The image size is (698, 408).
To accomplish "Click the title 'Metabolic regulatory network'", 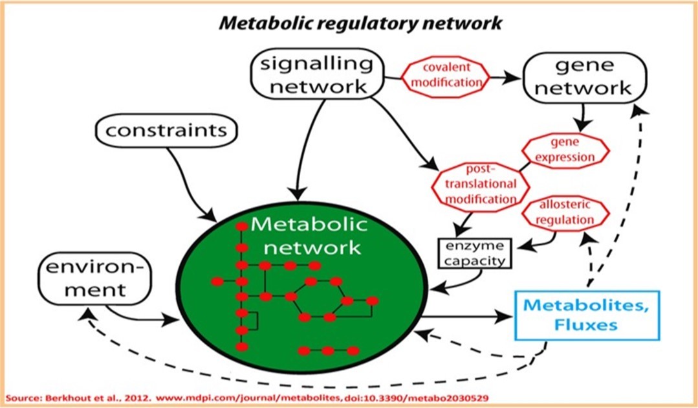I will coord(360,23).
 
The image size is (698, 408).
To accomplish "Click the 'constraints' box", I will coord(166,131).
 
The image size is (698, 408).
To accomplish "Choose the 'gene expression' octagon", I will coord(568,150).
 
